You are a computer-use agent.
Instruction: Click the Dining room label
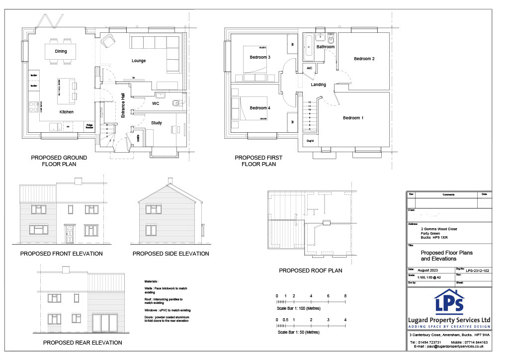click(61, 51)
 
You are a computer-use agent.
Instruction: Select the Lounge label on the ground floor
click(139, 61)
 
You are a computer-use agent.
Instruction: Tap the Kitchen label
click(67, 112)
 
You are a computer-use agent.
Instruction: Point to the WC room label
click(156, 103)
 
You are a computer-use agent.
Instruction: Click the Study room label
click(156, 122)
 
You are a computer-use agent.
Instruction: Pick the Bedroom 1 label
click(353, 118)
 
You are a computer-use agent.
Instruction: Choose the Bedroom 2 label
click(364, 59)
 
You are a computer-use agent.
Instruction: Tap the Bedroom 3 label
click(259, 57)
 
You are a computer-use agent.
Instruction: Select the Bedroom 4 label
click(259, 108)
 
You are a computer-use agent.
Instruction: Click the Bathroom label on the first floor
click(326, 47)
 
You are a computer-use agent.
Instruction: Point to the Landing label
click(318, 85)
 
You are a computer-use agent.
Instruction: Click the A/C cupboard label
click(309, 68)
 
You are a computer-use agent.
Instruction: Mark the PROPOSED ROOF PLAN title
click(310, 271)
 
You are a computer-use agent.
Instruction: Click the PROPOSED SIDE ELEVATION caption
click(170, 254)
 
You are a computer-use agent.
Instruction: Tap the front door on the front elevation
click(68, 233)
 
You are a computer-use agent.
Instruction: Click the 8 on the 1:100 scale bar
click(345, 296)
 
